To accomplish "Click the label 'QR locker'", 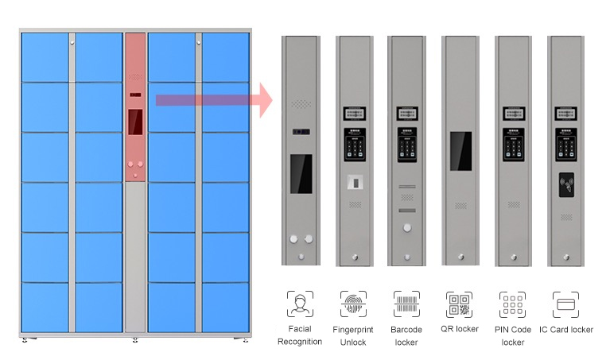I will [x=460, y=329].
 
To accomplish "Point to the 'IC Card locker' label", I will [x=566, y=329].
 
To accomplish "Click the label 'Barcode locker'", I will [x=406, y=335].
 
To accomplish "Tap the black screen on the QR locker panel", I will [x=460, y=150].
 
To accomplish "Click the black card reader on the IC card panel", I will [x=567, y=184].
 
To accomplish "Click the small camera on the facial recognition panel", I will [x=300, y=130].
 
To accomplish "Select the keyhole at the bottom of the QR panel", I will [x=460, y=256].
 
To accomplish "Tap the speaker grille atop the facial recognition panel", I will [x=300, y=104].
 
